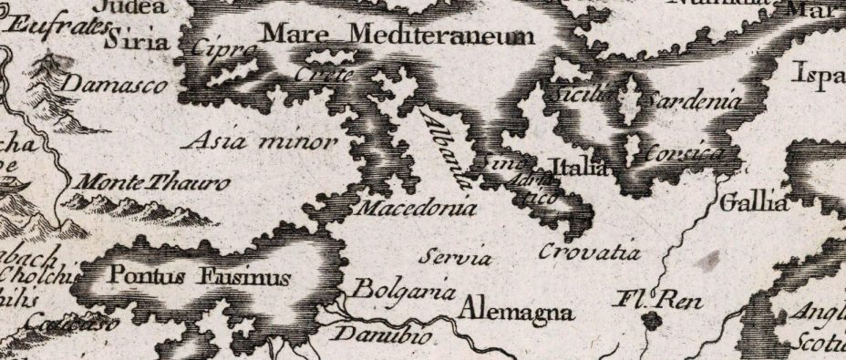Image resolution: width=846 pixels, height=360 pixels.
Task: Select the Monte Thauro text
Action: point(150,183)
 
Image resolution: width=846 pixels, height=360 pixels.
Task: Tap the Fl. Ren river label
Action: point(650,298)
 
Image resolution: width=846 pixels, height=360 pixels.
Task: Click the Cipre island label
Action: point(222,50)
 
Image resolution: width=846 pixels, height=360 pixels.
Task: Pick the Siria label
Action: point(138,42)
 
